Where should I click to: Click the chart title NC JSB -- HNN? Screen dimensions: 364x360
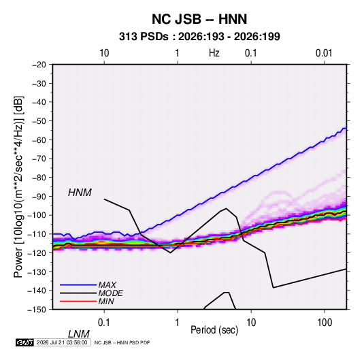[199, 19]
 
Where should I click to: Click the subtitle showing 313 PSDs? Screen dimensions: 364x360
[199, 37]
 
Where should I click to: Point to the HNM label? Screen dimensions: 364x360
[80, 193]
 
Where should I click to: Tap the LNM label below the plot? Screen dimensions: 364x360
[78, 334]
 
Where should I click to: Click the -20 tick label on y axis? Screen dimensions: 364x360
[39, 65]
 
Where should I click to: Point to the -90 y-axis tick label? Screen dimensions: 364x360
[39, 196]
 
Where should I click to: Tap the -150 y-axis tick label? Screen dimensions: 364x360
[37, 310]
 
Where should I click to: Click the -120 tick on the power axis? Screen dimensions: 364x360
[37, 252]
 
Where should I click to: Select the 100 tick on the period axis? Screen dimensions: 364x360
[325, 323]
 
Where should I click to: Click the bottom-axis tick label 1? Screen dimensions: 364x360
[178, 323]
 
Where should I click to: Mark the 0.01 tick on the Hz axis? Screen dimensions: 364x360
[324, 53]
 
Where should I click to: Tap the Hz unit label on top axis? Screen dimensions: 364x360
[214, 53]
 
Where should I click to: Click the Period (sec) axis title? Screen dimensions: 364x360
[214, 330]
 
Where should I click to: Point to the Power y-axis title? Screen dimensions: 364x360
[18, 186]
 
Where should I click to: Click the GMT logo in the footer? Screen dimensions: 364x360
[24, 342]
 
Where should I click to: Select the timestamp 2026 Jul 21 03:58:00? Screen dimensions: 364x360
[62, 342]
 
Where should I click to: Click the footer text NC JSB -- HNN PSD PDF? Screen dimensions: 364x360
[122, 342]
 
